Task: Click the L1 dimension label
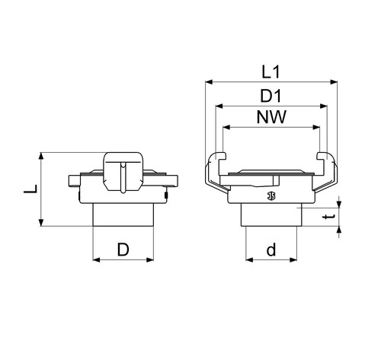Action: click(271, 72)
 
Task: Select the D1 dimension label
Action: click(271, 96)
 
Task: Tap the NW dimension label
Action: click(271, 117)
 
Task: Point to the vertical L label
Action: click(30, 189)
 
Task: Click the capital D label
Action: click(123, 249)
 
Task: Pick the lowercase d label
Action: click(271, 249)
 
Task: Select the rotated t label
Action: click(329, 217)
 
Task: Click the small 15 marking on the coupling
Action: click(271, 195)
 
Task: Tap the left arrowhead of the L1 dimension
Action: click(209, 82)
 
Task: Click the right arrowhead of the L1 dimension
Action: click(334, 82)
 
